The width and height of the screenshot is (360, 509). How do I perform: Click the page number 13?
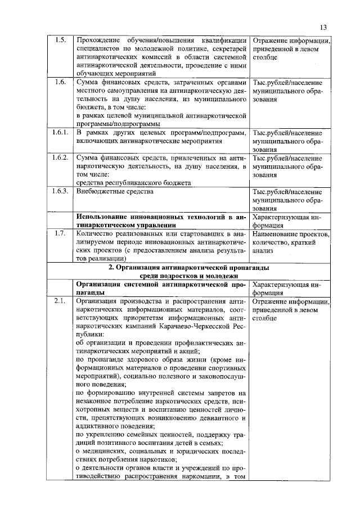[322, 27]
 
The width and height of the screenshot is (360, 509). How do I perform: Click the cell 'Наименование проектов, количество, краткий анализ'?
[290, 242]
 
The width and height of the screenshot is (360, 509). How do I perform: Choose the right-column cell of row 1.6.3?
[287, 200]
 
